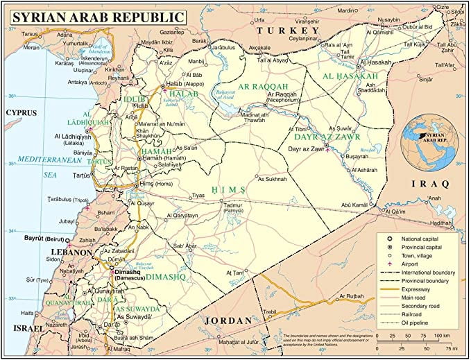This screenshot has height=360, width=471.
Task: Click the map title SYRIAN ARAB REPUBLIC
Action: [99, 16]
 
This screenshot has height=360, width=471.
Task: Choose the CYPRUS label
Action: [21, 112]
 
